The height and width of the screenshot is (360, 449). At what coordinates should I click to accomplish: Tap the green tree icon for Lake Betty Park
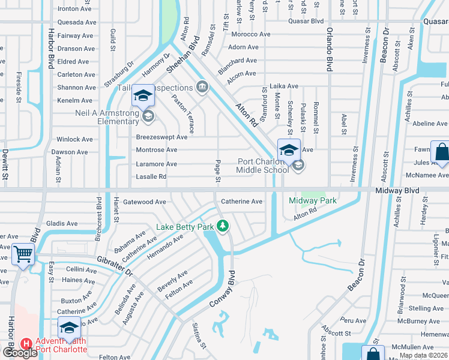point(223,226)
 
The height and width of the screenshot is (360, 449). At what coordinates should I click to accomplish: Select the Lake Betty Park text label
point(185,227)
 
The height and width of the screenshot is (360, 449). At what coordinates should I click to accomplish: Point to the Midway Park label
point(312,200)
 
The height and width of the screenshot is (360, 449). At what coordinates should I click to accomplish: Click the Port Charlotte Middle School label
point(263,166)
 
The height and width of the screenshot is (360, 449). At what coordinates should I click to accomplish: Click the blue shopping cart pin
point(23,254)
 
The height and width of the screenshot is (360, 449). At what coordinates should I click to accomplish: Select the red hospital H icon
point(26,344)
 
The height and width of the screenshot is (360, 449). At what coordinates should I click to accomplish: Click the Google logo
point(20,353)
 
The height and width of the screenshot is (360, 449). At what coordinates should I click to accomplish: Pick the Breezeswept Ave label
point(161,137)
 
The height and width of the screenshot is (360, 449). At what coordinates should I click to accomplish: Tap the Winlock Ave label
point(75,139)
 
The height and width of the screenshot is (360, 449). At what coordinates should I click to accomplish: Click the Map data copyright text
point(423,355)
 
